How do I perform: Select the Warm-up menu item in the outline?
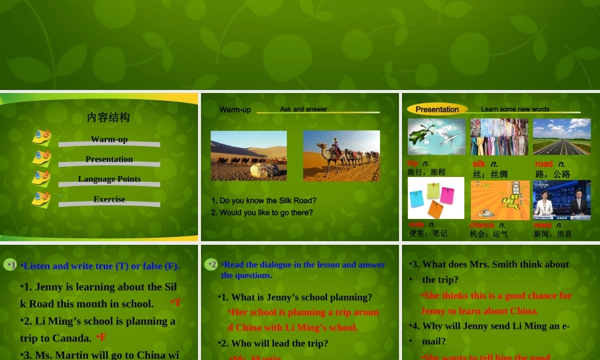tap(109, 140)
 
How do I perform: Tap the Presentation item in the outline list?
tap(109, 160)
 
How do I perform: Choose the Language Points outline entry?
tap(109, 179)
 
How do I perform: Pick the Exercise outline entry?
tap(109, 199)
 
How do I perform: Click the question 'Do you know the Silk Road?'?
tap(263, 201)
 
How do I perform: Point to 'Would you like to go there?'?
tap(262, 213)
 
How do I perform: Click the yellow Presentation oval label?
tap(437, 109)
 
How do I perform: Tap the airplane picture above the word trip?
tap(436, 137)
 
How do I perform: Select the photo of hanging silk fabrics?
tap(499, 137)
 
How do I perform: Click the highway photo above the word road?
tap(562, 137)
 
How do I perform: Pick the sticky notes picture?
tap(436, 198)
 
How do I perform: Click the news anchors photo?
tap(562, 200)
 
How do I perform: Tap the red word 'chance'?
tap(482, 225)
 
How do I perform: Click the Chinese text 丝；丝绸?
tap(490, 175)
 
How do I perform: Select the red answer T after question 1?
tap(177, 303)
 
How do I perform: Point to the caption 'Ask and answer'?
tap(304, 109)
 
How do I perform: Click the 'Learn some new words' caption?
tap(515, 109)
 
